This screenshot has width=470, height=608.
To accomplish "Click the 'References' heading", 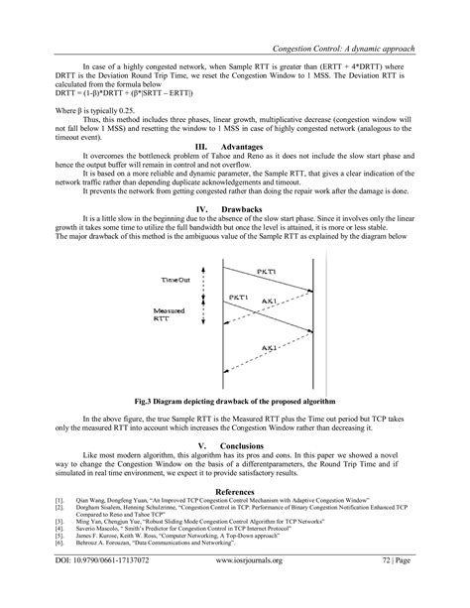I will click(235, 491).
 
